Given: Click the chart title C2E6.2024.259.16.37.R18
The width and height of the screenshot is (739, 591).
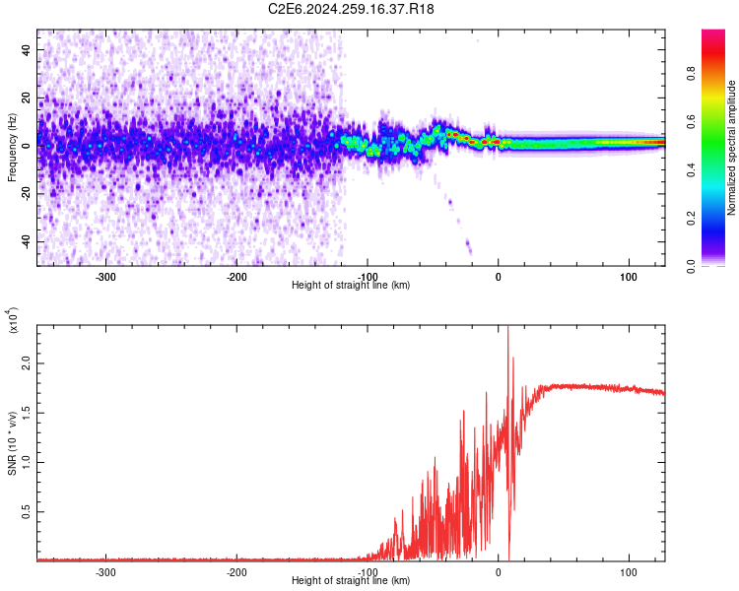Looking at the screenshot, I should point(352,9).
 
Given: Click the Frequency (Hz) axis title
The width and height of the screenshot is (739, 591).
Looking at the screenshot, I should point(12,147).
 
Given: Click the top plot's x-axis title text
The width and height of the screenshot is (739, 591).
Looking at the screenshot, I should point(352,285).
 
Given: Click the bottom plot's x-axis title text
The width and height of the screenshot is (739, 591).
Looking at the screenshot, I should point(352,580).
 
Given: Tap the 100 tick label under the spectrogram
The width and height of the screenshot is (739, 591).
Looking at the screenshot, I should point(628,277).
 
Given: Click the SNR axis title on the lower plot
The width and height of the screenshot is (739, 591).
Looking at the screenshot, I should point(12,442).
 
